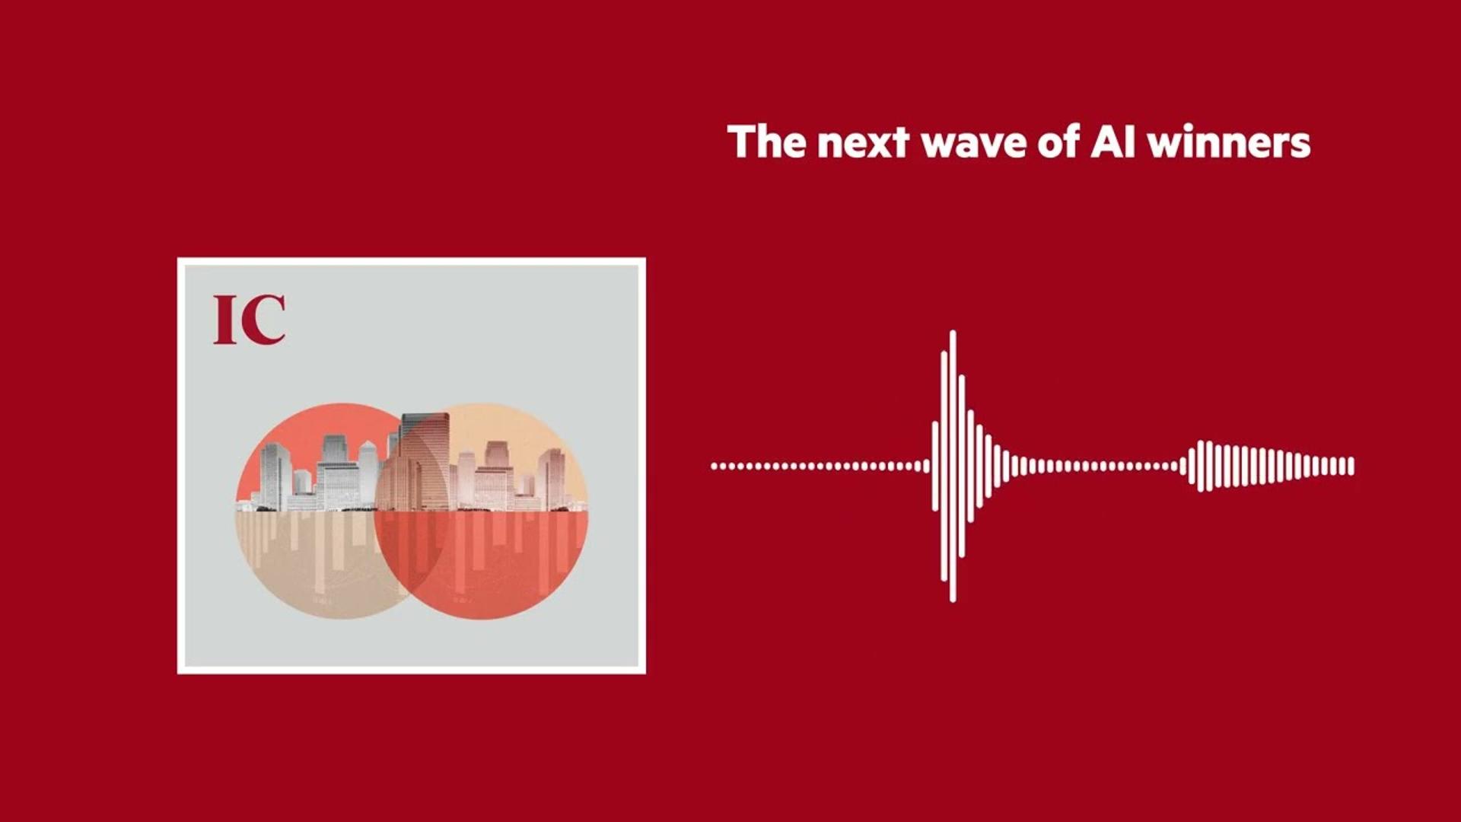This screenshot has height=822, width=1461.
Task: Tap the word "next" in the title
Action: [863, 144]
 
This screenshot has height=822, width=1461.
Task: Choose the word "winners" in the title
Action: [1229, 142]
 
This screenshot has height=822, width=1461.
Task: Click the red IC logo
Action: [250, 320]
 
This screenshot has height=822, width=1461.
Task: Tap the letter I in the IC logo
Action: [225, 320]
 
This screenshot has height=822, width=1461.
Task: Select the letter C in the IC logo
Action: [263, 320]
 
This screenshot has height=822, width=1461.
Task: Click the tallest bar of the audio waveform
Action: [953, 466]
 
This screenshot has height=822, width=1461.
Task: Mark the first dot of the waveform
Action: [715, 466]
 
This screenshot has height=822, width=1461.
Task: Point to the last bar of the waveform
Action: [1351, 466]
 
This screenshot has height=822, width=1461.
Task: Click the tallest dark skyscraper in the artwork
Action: [425, 461]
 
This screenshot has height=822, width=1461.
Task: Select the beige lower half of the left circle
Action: [304, 563]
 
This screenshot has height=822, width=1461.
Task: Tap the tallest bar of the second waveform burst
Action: [1202, 466]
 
